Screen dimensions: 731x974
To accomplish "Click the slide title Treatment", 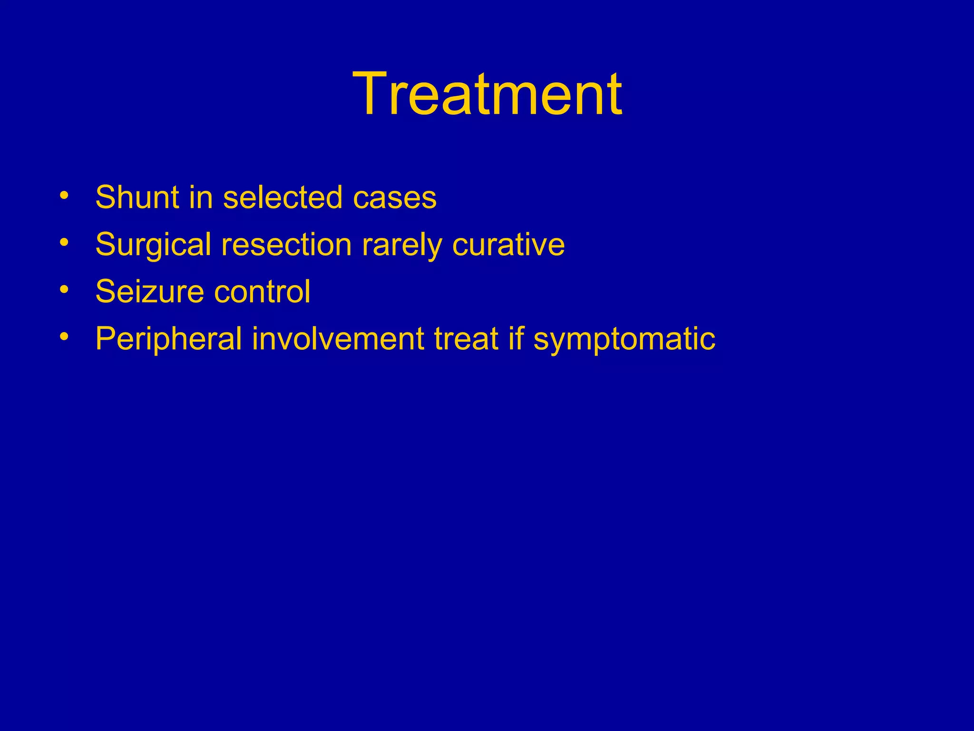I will (x=487, y=94).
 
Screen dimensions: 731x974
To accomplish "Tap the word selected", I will (x=282, y=197).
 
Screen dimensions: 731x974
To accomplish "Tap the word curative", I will (x=508, y=245).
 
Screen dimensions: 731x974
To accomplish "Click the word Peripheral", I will (x=168, y=339).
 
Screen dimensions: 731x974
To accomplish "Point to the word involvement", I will (x=338, y=339).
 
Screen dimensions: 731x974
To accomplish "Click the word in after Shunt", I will (x=201, y=197).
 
